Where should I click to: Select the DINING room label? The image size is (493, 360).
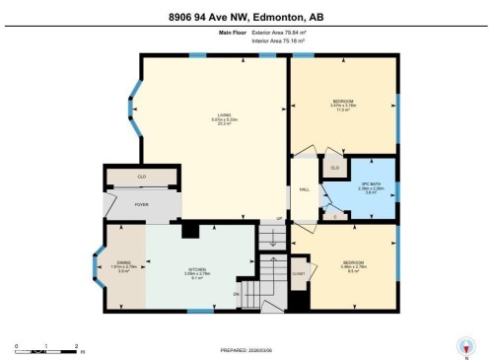(x=124, y=262)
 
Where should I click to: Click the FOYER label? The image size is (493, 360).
(x=142, y=205)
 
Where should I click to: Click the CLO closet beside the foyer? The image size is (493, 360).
(x=142, y=177)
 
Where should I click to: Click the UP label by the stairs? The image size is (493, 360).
(x=279, y=218)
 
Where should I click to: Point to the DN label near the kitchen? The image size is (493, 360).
(x=236, y=294)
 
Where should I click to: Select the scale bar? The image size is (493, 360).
(x=46, y=348)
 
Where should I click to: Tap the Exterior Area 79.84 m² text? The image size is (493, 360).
(x=280, y=33)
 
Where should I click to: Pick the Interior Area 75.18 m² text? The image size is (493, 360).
(x=280, y=41)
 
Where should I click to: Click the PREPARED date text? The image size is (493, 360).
(x=246, y=350)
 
